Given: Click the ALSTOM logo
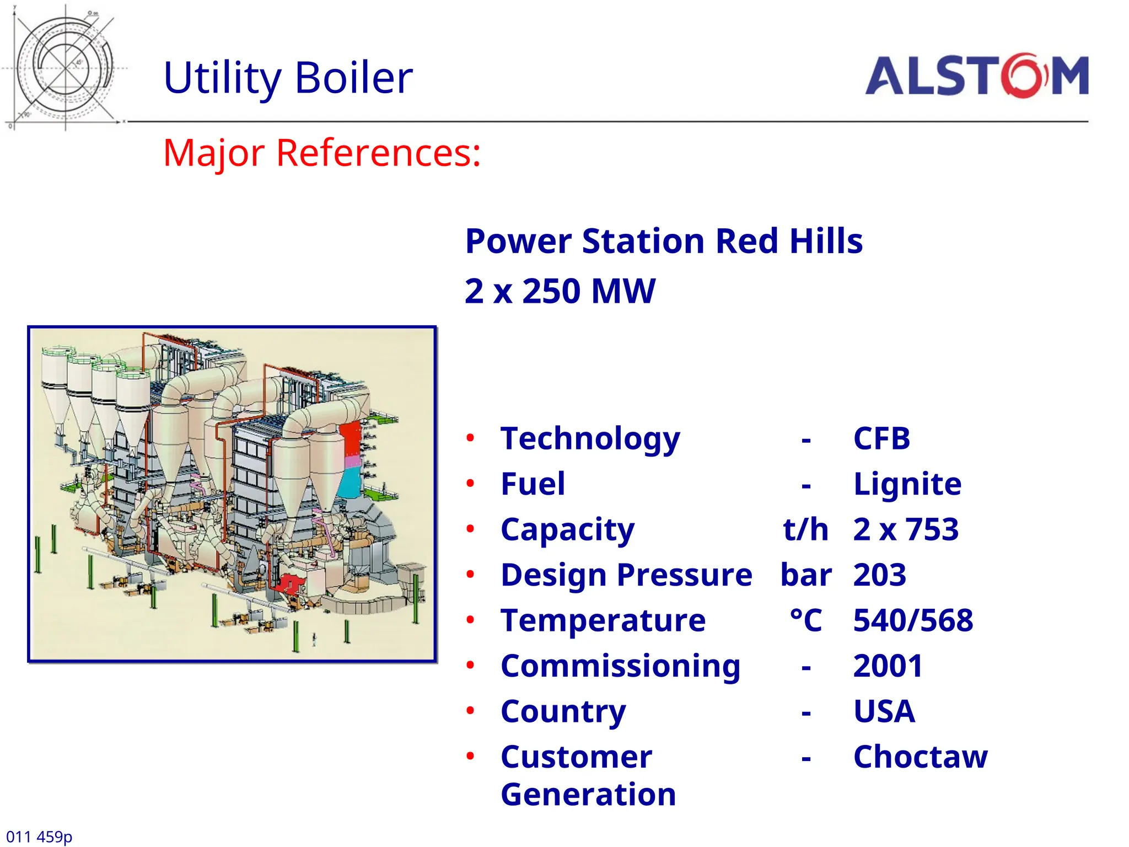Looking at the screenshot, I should click(976, 76).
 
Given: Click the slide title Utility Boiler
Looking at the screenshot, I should click(288, 78).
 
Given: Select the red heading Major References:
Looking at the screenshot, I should click(322, 153).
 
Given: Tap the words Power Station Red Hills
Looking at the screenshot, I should click(664, 242).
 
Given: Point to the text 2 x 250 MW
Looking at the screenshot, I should click(560, 291).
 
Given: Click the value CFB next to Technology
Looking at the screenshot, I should click(881, 439).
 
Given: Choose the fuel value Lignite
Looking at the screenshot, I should click(907, 484).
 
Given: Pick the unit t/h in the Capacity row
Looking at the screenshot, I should click(805, 530).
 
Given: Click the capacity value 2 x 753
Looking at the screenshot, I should click(906, 530).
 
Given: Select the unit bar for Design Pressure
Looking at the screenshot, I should click(805, 576).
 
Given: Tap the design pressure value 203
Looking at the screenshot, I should click(879, 576).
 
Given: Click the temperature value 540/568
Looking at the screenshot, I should click(913, 621).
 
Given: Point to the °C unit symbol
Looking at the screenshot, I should click(805, 621).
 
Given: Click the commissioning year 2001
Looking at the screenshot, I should click(888, 666).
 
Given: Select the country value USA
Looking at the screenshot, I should click(884, 711).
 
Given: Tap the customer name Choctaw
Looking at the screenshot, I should click(920, 757).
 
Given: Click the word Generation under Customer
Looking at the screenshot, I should click(588, 795).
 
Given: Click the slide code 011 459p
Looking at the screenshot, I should click(39, 837).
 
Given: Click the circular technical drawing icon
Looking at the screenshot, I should click(65, 68).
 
